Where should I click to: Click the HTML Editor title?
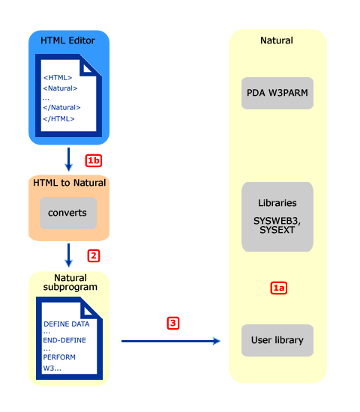[67, 40]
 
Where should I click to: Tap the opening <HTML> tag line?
[58, 77]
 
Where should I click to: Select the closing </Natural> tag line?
[61, 108]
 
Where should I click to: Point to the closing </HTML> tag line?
[58, 118]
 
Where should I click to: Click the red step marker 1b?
[93, 160]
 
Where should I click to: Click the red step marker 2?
[93, 255]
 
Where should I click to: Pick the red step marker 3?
[173, 324]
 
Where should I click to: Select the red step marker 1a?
[278, 287]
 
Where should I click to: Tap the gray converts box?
[67, 213]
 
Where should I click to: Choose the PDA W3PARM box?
[277, 93]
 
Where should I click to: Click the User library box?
[277, 340]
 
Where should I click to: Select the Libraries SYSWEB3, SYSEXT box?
[277, 216]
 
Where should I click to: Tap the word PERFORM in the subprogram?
[58, 357]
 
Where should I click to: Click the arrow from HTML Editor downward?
[68, 158]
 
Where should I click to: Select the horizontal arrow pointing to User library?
[171, 342]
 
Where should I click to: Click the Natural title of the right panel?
[277, 40]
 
